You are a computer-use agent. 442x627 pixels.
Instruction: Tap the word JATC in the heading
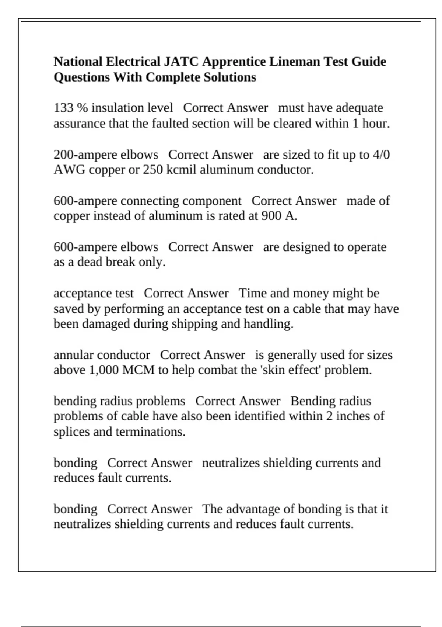pyautogui.click(x=180, y=61)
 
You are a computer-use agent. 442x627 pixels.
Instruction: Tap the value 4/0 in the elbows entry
pyautogui.click(x=381, y=155)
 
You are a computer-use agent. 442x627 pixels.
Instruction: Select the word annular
pyautogui.click(x=74, y=355)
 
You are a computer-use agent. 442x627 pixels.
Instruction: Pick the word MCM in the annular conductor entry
pyautogui.click(x=138, y=370)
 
